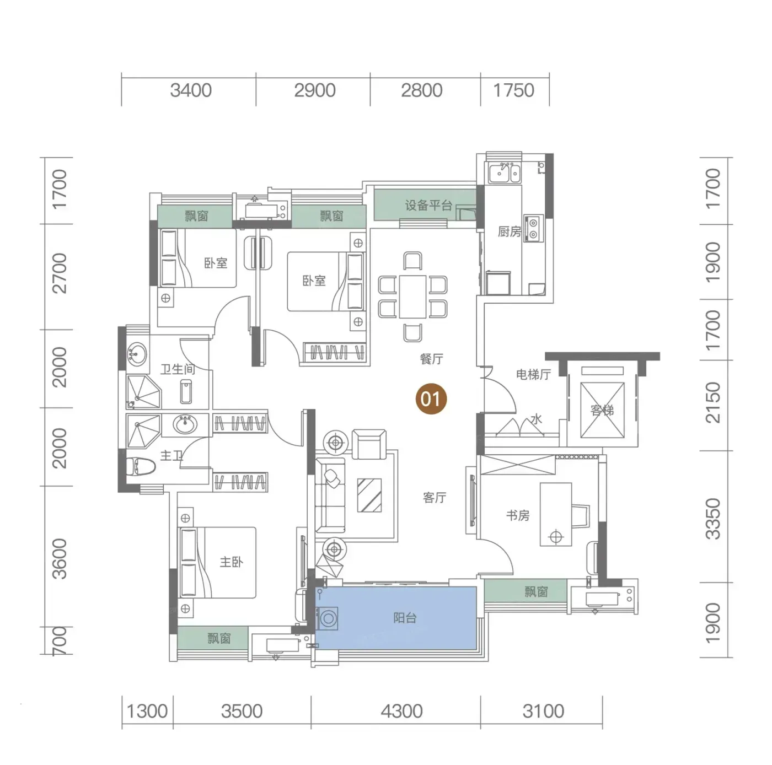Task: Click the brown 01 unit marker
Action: [x=430, y=398]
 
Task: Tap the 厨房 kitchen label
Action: [x=509, y=231]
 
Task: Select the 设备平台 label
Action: [x=428, y=206]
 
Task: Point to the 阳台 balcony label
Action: [x=405, y=618]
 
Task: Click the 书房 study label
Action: [x=518, y=515]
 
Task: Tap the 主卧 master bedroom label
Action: [x=231, y=562]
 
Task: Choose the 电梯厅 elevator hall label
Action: [x=533, y=374]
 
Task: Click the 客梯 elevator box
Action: [x=602, y=410]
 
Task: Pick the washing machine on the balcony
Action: [x=328, y=618]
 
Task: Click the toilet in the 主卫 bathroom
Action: [x=141, y=467]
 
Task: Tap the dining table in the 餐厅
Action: [x=412, y=297]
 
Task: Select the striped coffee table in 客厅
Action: [x=369, y=495]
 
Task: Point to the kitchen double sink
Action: [x=503, y=172]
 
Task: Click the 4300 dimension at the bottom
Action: [x=401, y=712]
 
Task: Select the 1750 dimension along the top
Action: [x=513, y=90]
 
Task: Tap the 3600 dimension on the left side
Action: [x=60, y=559]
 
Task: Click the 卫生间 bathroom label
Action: [x=178, y=369]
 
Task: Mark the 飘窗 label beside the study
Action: [x=535, y=591]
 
